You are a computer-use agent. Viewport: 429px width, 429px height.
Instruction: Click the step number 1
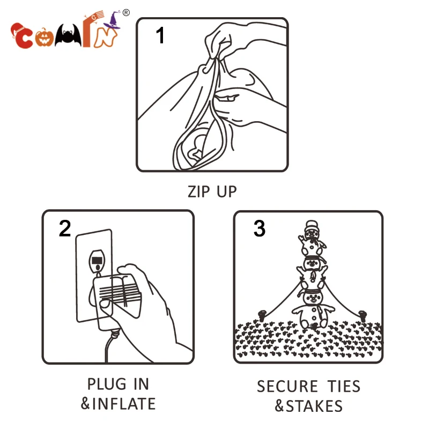click(160, 35)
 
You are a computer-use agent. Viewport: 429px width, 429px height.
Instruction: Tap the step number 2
click(65, 228)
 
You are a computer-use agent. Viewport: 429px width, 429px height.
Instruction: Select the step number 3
click(260, 228)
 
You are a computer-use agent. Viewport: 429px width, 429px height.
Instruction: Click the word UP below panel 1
click(227, 191)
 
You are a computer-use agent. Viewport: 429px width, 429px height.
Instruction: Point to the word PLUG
click(107, 384)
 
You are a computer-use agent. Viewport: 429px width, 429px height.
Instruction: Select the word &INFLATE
click(118, 404)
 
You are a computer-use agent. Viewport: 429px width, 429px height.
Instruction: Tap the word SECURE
click(287, 386)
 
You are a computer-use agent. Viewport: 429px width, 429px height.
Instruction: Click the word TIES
click(344, 386)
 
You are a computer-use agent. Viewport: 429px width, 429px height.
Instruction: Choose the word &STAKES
click(309, 406)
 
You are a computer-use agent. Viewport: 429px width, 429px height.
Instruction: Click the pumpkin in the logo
click(43, 38)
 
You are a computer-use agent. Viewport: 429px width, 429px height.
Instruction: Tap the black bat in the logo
click(68, 35)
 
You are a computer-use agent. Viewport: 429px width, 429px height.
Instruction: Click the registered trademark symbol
click(126, 12)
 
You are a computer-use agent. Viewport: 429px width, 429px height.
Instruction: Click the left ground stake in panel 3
click(262, 316)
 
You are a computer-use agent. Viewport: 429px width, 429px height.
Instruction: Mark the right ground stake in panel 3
click(363, 316)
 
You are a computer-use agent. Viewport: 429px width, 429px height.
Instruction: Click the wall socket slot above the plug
click(97, 260)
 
